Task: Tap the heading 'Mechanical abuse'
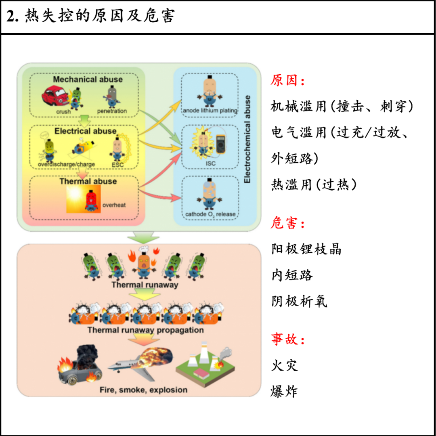coord(88,80)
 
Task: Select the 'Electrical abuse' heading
coord(86,131)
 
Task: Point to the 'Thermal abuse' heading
coord(88,181)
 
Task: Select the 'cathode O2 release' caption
coord(210,214)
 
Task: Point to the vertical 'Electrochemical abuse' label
coord(247,139)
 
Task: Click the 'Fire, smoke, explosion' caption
coord(143,390)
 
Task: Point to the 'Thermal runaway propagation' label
coord(145,330)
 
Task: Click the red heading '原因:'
coord(287,81)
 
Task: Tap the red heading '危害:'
coord(287,222)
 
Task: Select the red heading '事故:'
coord(287,339)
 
